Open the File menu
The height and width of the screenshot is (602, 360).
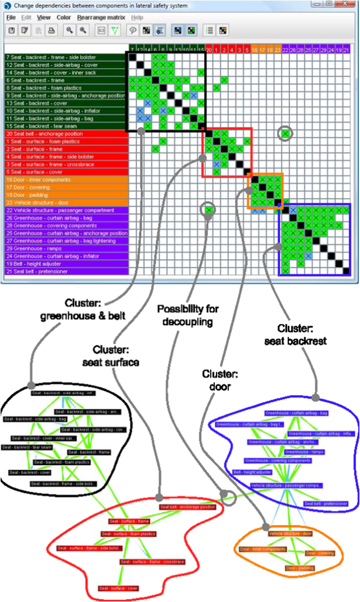[x=11, y=18]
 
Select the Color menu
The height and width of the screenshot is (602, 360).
[x=63, y=18]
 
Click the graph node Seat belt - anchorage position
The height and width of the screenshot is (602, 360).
[x=188, y=507]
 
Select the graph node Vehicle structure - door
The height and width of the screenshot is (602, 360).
[x=290, y=533]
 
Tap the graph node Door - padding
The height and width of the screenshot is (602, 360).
[x=300, y=568]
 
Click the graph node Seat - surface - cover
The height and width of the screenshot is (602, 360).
[x=119, y=588]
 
